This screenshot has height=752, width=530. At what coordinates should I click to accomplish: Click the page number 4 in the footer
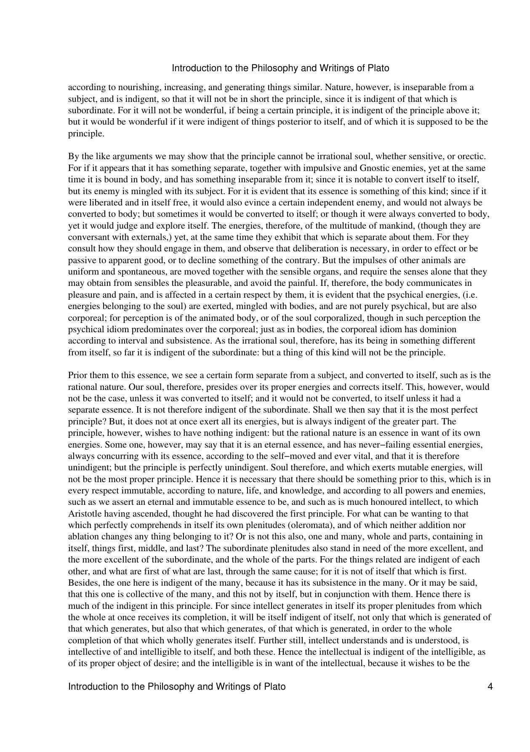[x=490, y=687]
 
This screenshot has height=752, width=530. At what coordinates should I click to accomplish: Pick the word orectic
[x=473, y=157]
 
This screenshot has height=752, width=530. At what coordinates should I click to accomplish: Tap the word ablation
[x=82, y=536]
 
